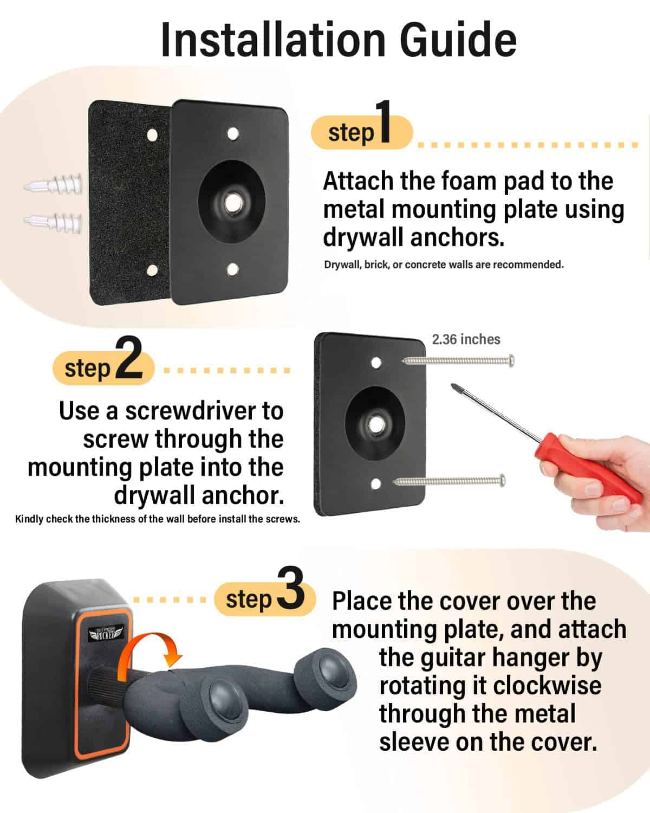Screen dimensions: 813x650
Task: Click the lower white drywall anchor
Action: [53, 221]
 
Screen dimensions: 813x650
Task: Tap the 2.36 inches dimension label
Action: [466, 340]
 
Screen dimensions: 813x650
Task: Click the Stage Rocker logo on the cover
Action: [106, 633]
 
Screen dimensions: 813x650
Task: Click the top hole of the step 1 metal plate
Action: [233, 133]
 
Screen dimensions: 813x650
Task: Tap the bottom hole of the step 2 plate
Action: [376, 483]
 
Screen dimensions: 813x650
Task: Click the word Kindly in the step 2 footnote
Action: [29, 519]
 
